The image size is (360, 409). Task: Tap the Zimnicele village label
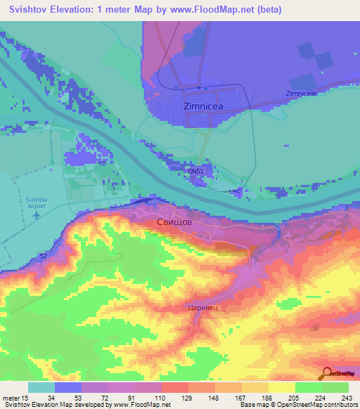coord(302,93)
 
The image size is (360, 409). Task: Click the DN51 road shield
coord(195,171)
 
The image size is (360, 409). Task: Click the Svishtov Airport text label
coord(36,202)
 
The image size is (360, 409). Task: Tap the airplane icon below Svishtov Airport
coord(35,215)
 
